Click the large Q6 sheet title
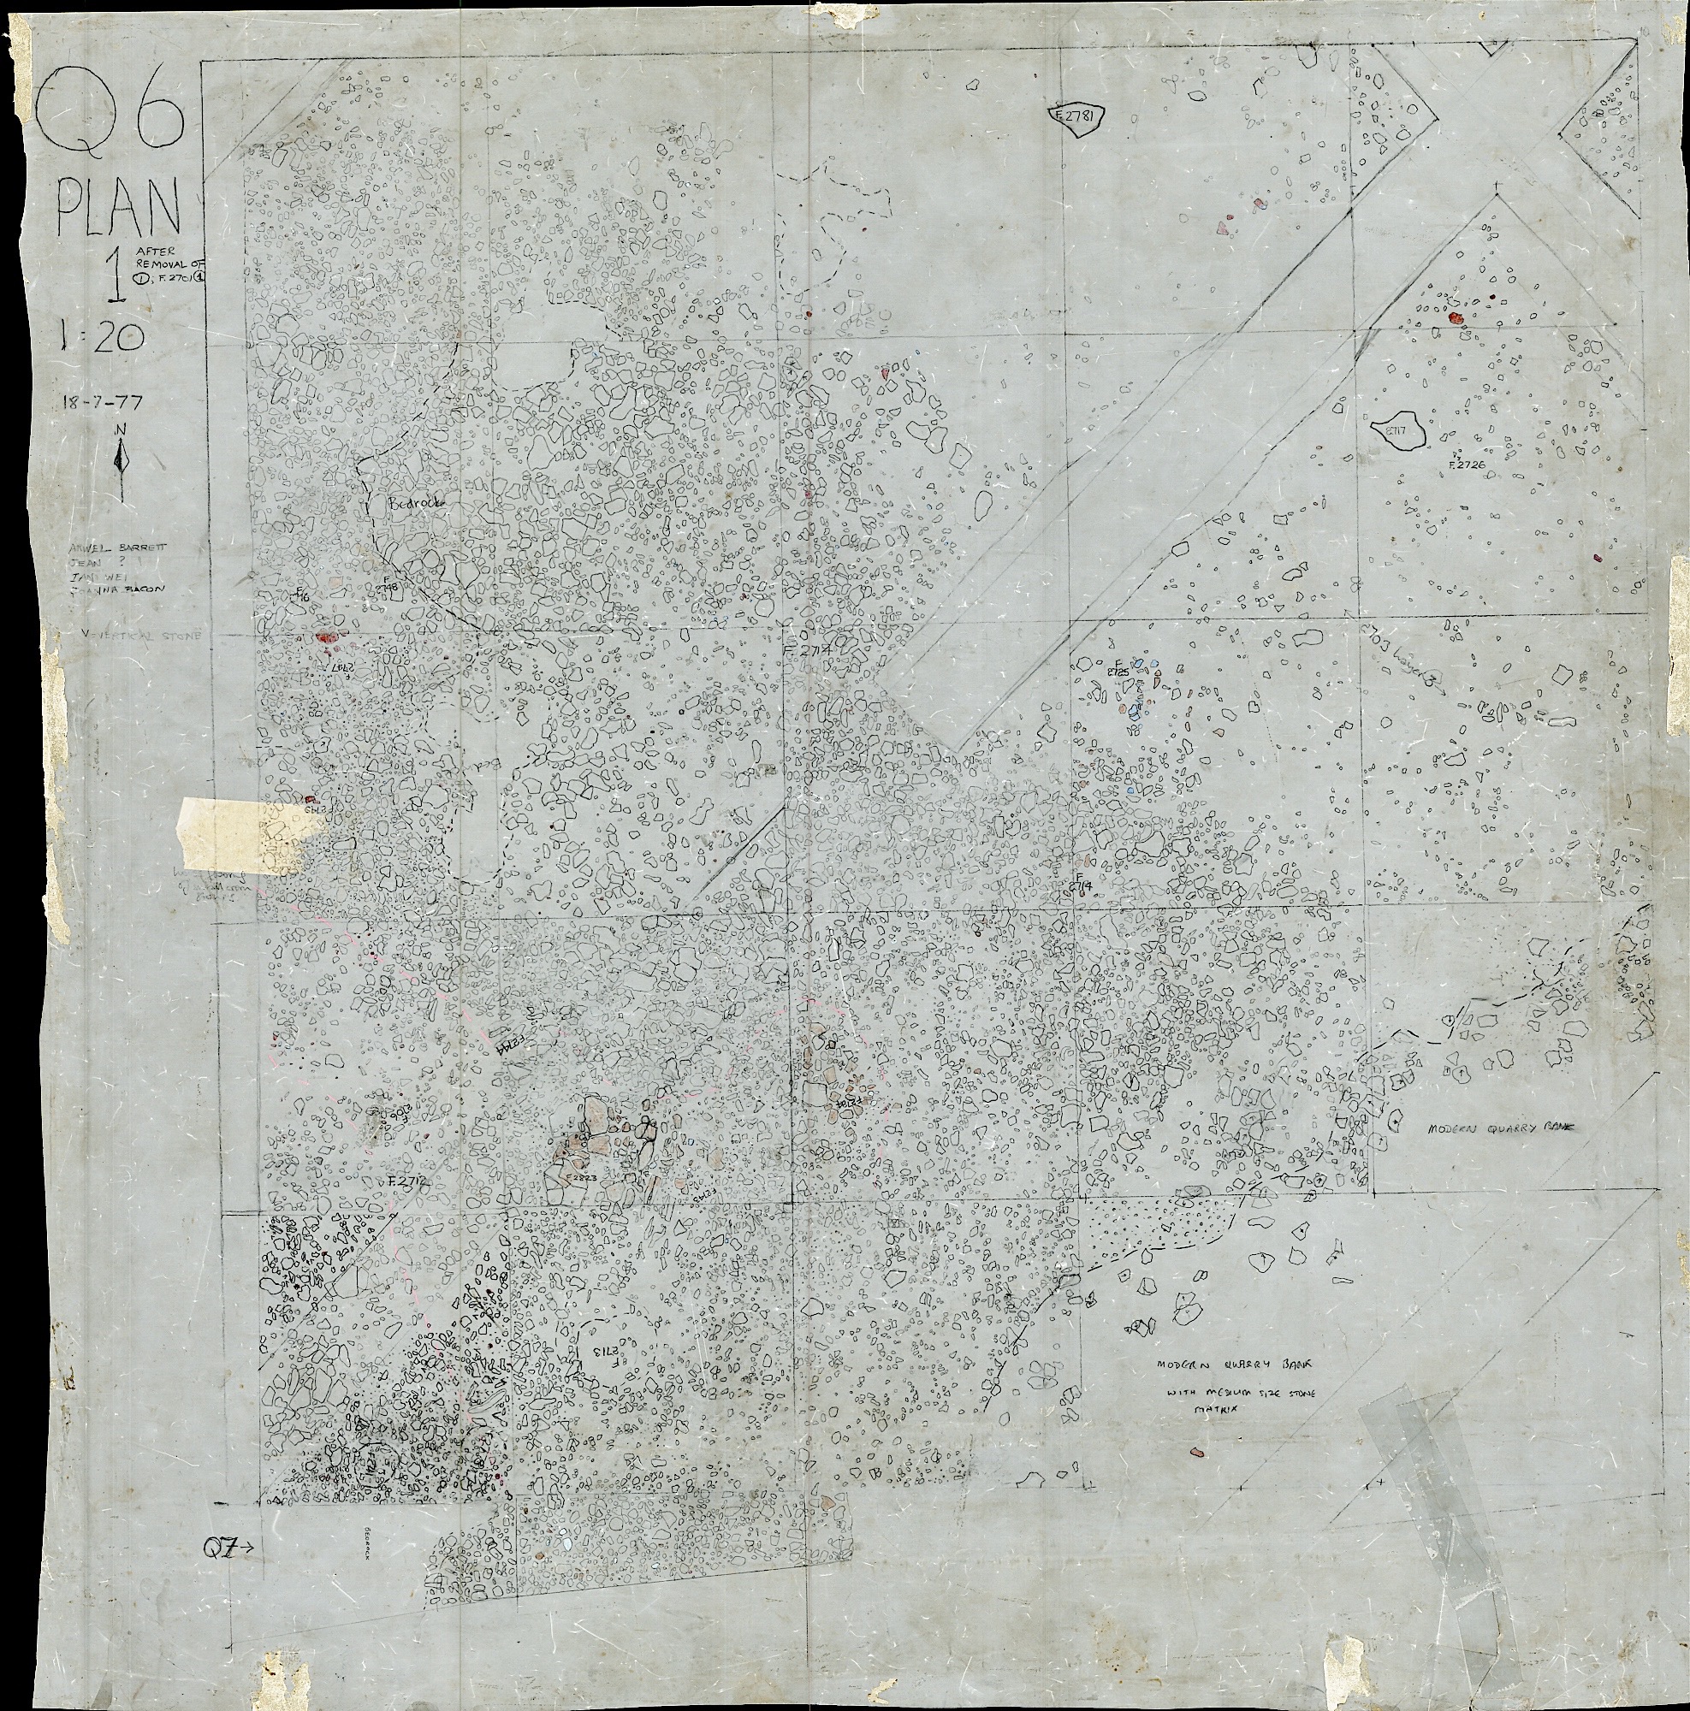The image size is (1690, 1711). pyautogui.click(x=111, y=110)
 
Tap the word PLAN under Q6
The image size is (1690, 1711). pyautogui.click(x=119, y=206)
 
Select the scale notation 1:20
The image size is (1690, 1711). pyautogui.click(x=102, y=335)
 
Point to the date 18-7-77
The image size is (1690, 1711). pyautogui.click(x=103, y=402)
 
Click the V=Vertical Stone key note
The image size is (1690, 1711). pyautogui.click(x=142, y=634)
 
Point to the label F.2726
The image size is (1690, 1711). pyautogui.click(x=1465, y=464)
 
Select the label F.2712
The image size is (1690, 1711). pyautogui.click(x=406, y=1182)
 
